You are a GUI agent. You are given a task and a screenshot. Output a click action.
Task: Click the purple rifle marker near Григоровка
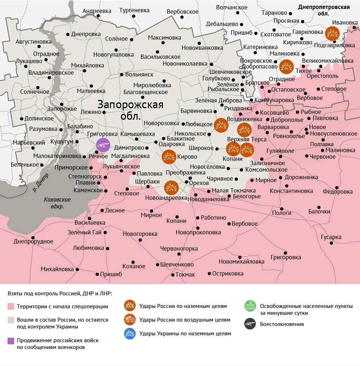(103, 145)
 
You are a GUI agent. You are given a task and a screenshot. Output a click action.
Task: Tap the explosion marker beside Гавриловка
(332, 34)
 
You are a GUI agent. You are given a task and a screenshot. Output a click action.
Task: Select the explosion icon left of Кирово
(169, 157)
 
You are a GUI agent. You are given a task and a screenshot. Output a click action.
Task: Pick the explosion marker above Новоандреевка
(171, 188)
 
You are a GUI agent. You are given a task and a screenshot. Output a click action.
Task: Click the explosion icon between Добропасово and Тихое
(286, 66)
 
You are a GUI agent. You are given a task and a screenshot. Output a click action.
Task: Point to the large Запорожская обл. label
(130, 110)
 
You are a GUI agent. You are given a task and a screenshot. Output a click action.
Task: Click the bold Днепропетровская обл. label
(324, 10)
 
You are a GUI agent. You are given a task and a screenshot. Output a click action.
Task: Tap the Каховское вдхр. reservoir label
(57, 203)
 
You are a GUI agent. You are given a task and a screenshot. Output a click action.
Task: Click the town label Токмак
(185, 274)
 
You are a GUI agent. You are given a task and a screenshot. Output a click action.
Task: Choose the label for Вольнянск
(139, 75)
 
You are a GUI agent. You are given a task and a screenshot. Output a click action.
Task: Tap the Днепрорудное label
(33, 242)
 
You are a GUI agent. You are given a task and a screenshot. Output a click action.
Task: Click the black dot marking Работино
(197, 218)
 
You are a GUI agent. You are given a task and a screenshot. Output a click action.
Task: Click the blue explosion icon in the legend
(130, 334)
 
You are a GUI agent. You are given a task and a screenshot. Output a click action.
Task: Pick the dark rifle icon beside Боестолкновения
(250, 324)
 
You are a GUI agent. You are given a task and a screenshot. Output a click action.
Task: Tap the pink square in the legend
(11, 307)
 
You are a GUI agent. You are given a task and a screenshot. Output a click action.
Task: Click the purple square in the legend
(11, 340)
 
